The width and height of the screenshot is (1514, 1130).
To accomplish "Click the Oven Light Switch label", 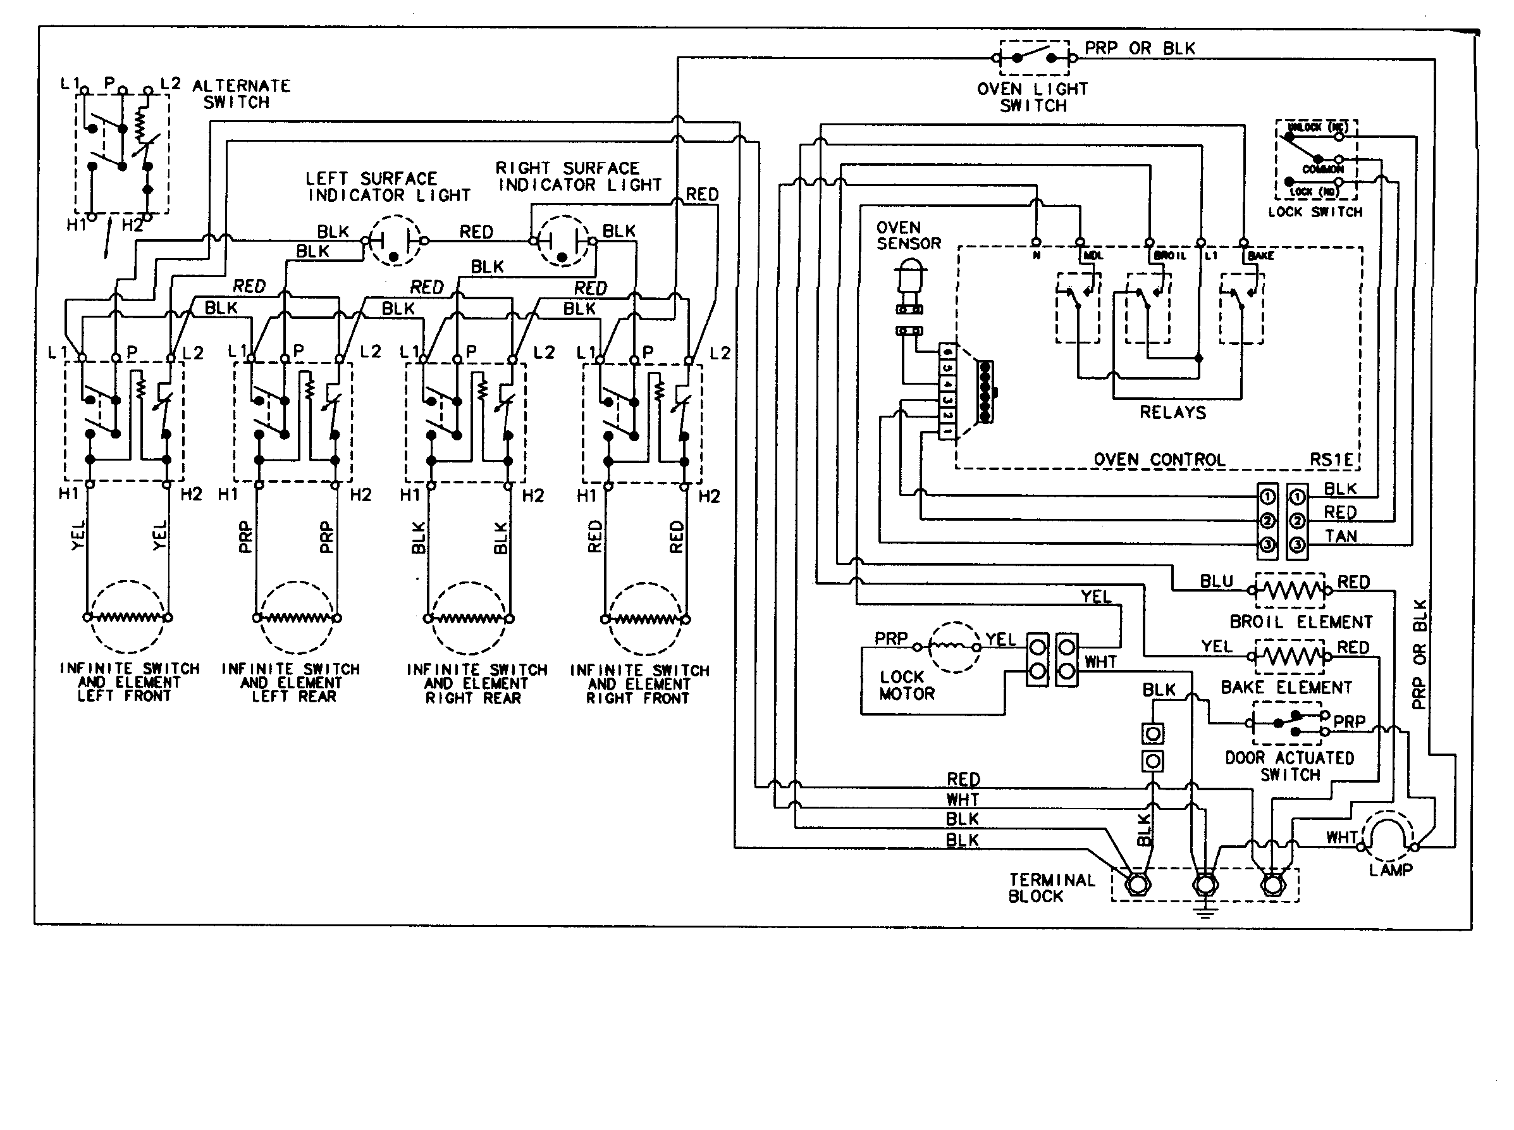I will point(1032,97).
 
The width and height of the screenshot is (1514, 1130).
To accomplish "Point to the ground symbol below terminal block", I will point(1205,910).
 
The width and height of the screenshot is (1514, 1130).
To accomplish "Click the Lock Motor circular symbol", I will point(955,647).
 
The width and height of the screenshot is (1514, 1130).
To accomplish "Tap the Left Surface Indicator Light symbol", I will point(395,241).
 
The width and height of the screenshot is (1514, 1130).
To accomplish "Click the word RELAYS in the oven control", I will point(1172,413).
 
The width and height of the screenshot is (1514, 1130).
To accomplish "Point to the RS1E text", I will point(1331,460).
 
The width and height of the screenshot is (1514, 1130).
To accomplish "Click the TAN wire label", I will point(1340,537).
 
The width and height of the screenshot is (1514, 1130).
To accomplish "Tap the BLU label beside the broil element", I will point(1217,581).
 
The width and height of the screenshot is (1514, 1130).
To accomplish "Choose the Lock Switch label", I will point(1315,212).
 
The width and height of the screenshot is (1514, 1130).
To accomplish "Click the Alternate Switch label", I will point(240,94).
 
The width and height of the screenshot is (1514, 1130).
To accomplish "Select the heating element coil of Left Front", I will point(127,618).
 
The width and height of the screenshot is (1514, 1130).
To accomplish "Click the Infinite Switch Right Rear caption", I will point(476,683).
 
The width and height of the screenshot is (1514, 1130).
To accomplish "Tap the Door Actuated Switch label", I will point(1289,766).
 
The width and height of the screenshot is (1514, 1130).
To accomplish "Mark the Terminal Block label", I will point(1051,888).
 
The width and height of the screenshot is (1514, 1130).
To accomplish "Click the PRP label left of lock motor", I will point(890,638).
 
